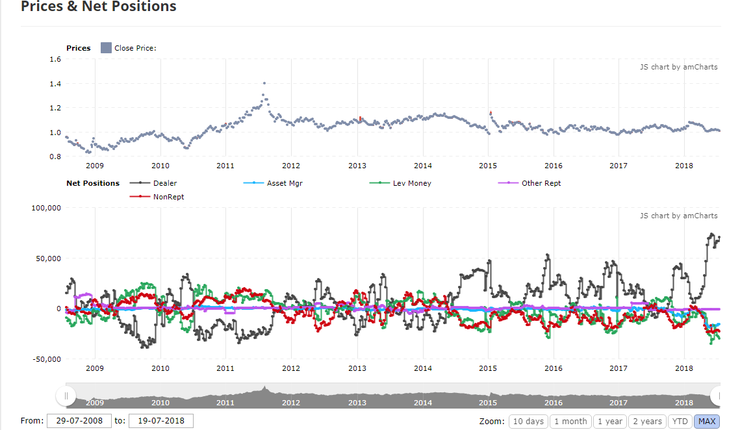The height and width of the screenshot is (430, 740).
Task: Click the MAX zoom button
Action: tap(707, 421)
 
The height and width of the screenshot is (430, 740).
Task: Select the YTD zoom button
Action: tap(680, 421)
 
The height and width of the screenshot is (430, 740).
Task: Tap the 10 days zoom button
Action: tap(528, 421)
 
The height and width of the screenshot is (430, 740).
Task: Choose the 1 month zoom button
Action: tap(570, 421)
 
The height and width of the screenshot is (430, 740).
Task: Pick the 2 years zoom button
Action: tap(647, 421)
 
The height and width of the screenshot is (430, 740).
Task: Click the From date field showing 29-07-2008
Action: tap(79, 421)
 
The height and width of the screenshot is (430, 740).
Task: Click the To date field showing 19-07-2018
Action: tap(161, 421)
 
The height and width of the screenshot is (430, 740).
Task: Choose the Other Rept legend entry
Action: tap(541, 183)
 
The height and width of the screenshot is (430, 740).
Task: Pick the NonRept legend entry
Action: tap(168, 196)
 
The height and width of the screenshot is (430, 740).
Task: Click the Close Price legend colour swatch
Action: tap(107, 48)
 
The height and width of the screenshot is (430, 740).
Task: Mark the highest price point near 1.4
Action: tap(264, 83)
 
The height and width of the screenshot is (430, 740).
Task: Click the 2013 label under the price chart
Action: tap(357, 166)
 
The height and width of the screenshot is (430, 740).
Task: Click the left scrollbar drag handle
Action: tap(66, 396)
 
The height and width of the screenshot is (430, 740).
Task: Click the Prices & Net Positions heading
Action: tap(99, 7)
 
